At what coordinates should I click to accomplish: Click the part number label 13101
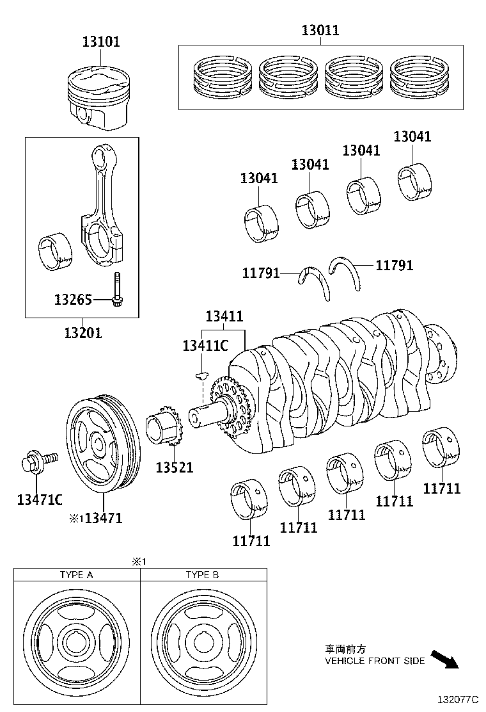pos(100,42)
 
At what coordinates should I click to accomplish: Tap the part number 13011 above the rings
pos(320,30)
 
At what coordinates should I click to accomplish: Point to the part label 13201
pos(82,332)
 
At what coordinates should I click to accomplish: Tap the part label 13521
pos(174,467)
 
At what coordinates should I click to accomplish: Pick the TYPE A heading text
pos(77,574)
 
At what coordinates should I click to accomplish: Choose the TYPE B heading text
pos(202,574)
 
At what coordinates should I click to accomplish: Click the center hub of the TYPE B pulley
pos(203,642)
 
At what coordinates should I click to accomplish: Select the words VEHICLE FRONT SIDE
pos(375,661)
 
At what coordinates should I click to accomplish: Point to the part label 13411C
pos(205,346)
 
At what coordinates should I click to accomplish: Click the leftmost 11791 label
pos(261,273)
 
